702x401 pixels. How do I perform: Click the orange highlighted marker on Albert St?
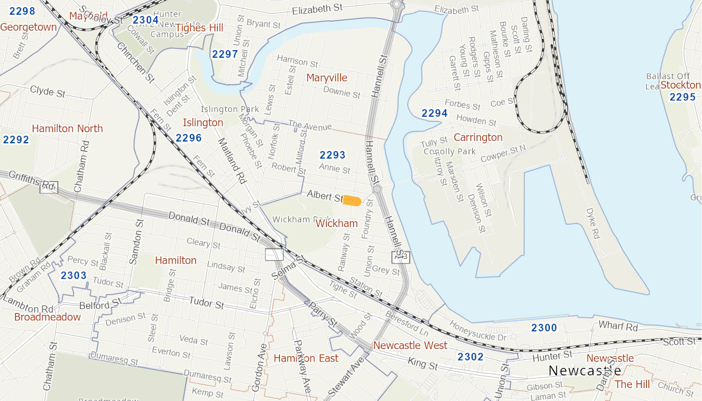pos(352,201)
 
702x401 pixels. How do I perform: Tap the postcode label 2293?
pos(332,155)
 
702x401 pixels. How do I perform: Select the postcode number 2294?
pos(434,113)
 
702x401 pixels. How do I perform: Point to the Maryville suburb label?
pos(327,78)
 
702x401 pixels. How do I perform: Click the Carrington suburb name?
pos(478,137)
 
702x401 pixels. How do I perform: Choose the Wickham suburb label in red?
pos(337,223)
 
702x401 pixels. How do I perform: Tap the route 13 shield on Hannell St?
pos(400,257)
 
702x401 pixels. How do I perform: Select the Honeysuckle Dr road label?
pos(477,331)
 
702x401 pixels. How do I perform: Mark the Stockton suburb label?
pos(680,85)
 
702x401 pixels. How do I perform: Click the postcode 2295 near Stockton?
pos(682,97)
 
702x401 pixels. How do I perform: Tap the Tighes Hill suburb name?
pos(199,28)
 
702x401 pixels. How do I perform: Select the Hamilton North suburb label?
pos(67,129)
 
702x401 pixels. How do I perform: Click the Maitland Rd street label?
pos(231,161)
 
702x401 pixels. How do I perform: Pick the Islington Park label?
pos(230,109)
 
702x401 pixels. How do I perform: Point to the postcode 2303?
pos(74,275)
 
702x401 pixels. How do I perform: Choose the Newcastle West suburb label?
pos(410,345)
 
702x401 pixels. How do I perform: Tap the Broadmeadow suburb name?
pos(48,317)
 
